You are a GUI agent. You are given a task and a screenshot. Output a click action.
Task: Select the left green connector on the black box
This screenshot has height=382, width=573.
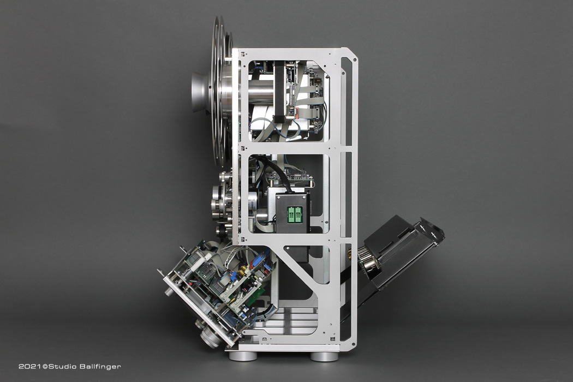pyautogui.click(x=291, y=214)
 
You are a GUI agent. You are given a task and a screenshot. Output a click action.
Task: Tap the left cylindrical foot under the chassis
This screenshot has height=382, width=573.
pyautogui.click(x=243, y=356)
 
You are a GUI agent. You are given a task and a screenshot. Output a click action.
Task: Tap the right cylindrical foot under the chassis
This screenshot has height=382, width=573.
pyautogui.click(x=324, y=356)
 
